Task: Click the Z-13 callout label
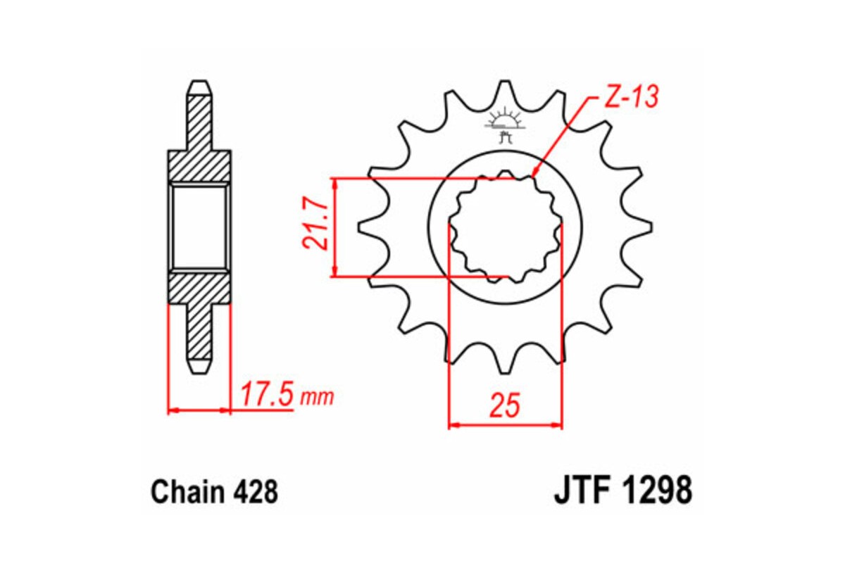click(630, 97)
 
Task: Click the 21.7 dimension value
click(315, 227)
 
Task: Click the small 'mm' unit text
click(316, 398)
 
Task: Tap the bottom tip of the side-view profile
click(199, 371)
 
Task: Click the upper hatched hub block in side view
click(199, 166)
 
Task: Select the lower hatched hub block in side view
click(199, 288)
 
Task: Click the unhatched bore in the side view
click(199, 227)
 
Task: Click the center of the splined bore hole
click(506, 227)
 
